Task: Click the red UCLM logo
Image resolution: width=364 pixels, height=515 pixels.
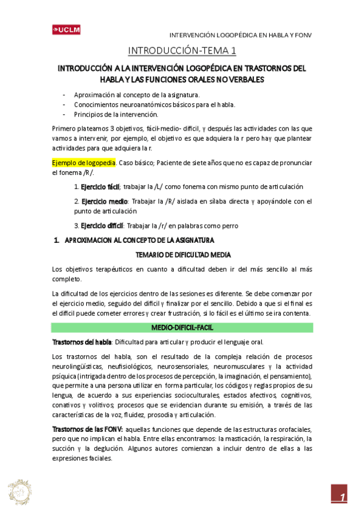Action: coord(66,29)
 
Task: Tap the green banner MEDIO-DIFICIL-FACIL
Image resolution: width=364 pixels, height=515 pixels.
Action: coord(182,327)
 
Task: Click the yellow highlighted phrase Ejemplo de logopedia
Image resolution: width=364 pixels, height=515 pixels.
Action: coord(83,163)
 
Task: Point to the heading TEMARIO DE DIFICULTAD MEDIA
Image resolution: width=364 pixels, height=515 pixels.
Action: coord(182,254)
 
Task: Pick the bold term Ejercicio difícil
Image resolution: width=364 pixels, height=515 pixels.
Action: coord(103,225)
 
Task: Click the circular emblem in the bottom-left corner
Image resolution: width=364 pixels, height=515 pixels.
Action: coord(19,491)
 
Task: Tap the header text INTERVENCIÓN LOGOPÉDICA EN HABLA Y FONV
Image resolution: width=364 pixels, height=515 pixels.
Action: coord(239,35)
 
